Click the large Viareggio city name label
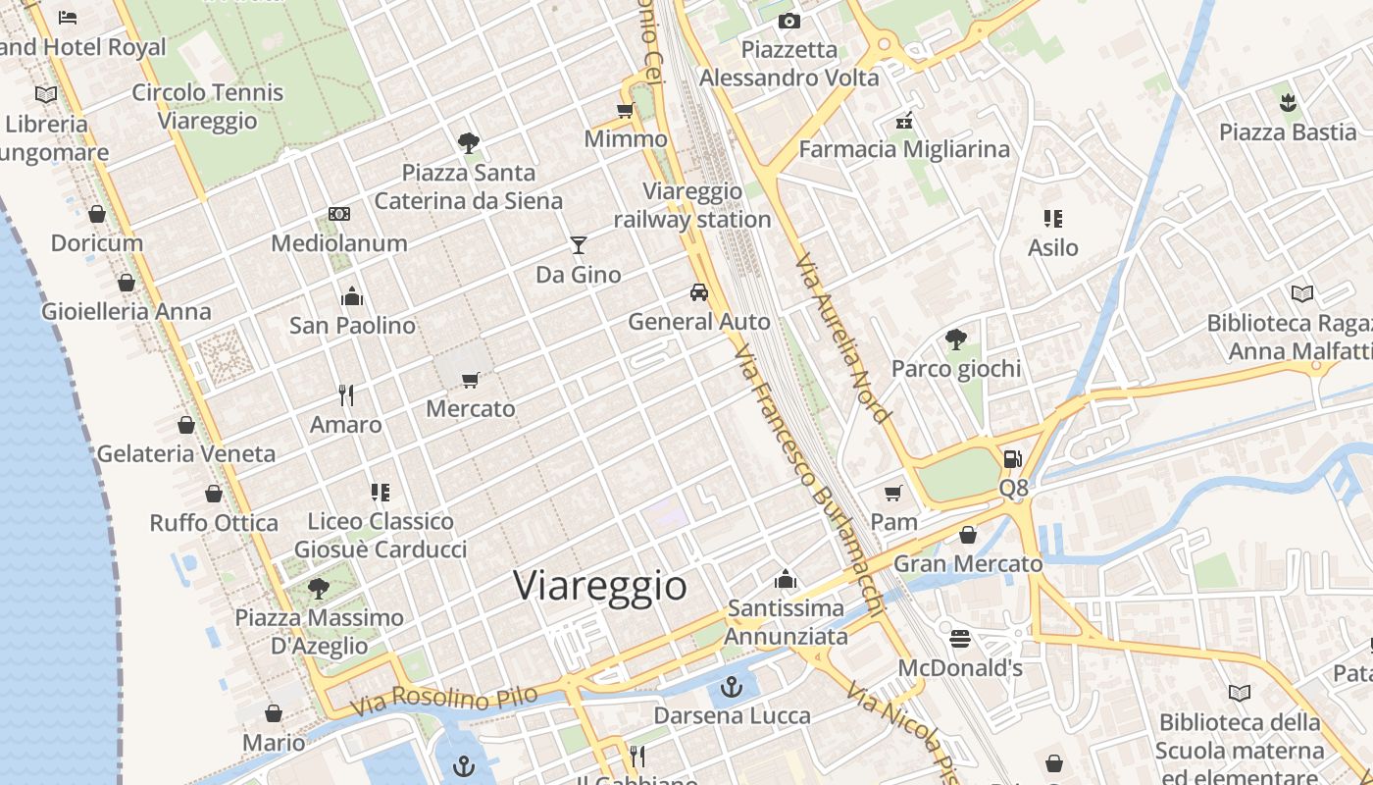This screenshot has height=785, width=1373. coord(600,585)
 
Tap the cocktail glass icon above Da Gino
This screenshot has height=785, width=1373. coord(579,244)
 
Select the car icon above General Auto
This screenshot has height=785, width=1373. coord(698,291)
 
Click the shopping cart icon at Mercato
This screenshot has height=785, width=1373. coord(471,379)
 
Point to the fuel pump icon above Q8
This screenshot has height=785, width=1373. coord(1013,458)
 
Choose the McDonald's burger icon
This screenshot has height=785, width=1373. coord(960,639)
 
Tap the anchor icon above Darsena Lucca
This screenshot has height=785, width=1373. coord(732,686)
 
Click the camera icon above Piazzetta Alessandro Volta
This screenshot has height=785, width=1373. coord(788,21)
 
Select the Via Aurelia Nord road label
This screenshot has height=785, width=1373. coord(842,340)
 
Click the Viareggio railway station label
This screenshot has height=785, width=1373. coord(692,205)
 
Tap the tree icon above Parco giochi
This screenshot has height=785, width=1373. coord(955,340)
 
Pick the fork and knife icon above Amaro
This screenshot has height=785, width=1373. coord(345,394)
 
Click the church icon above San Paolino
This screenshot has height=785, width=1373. coord(352,295)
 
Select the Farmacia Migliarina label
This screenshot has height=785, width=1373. coord(904,149)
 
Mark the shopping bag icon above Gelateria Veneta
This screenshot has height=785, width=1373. coord(186,425)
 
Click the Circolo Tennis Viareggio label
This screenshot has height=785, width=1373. coord(208,106)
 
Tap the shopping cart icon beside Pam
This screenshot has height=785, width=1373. coord(892,493)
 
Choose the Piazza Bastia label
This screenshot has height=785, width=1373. coord(1288,131)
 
